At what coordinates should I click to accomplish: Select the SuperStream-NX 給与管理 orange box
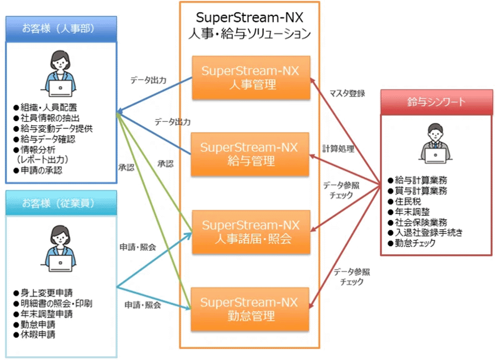coord(250,154)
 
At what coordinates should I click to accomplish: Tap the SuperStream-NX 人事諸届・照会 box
coord(250,231)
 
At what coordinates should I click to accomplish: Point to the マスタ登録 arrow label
coord(347,93)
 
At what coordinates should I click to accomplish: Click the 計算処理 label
coord(338,149)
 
